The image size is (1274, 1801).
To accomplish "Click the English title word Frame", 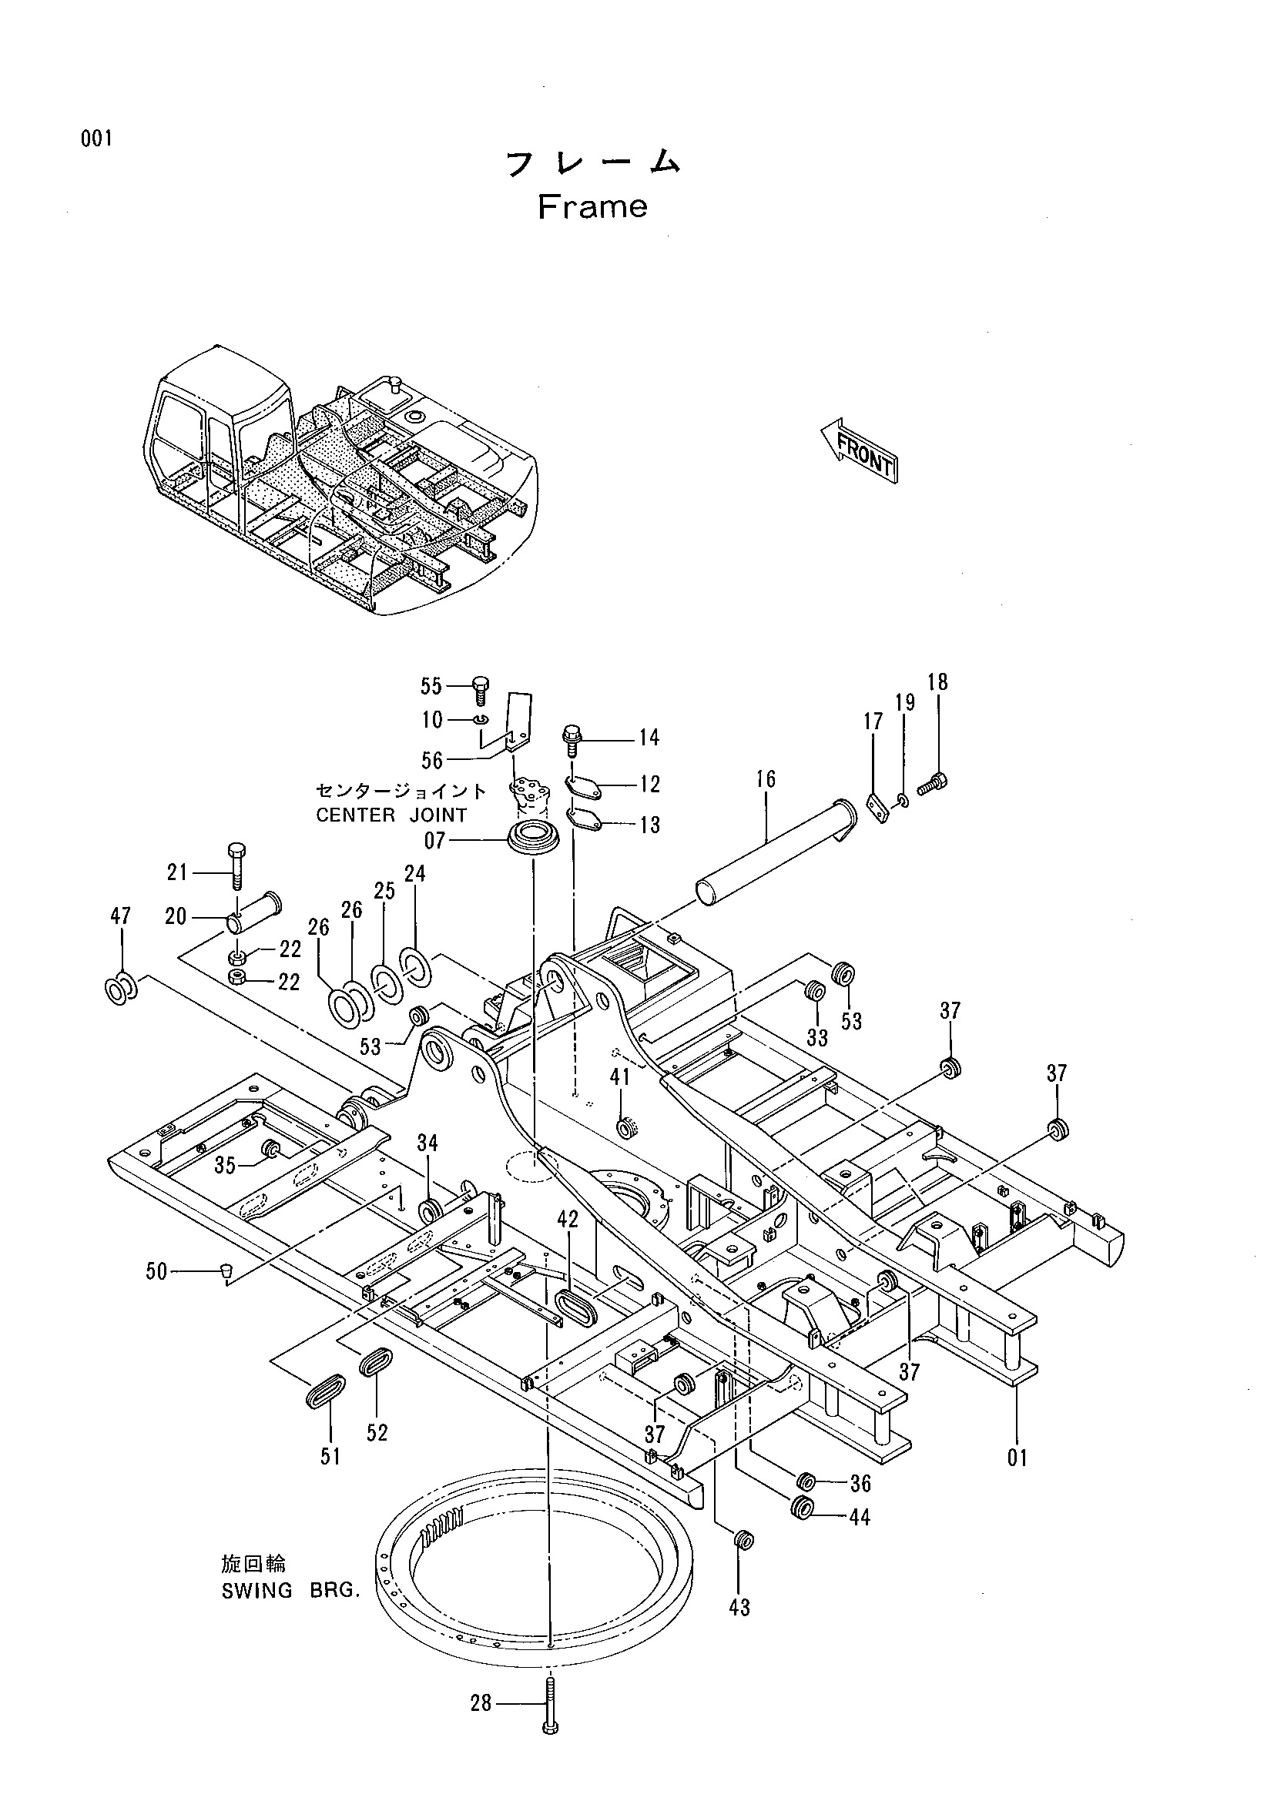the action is pos(592,207).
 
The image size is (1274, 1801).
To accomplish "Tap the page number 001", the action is pos(96,139).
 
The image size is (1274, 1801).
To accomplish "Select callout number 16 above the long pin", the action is pos(766,779).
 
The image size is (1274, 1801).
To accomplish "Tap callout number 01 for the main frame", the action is pos(1018,1458).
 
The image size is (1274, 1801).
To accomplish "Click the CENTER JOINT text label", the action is pos(391,815).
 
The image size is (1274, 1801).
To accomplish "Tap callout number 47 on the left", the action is pos(120,916).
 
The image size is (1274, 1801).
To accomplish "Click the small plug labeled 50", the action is pos(225,1270).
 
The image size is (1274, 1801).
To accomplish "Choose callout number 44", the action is pos(860,1518).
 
